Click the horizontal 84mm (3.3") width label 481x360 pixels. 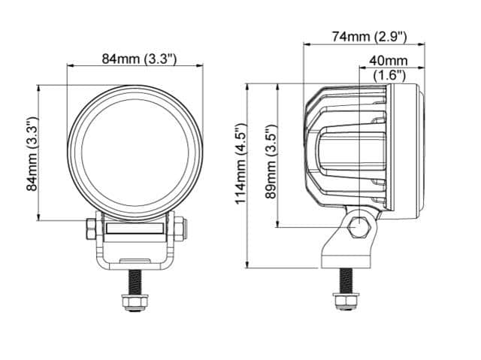pyautogui.click(x=139, y=59)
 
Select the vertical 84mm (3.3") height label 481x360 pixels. pyautogui.click(x=32, y=153)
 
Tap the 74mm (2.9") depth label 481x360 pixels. pyautogui.click(x=369, y=37)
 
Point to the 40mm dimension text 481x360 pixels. pyautogui.click(x=389, y=61)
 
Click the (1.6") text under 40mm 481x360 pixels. pyautogui.click(x=389, y=75)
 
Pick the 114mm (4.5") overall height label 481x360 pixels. pyautogui.click(x=240, y=163)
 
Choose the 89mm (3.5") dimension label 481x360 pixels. pyautogui.click(x=271, y=162)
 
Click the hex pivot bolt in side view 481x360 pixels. pyautogui.click(x=359, y=227)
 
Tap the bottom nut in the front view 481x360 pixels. pyautogui.click(x=135, y=302)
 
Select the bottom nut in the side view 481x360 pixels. pyautogui.click(x=346, y=301)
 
